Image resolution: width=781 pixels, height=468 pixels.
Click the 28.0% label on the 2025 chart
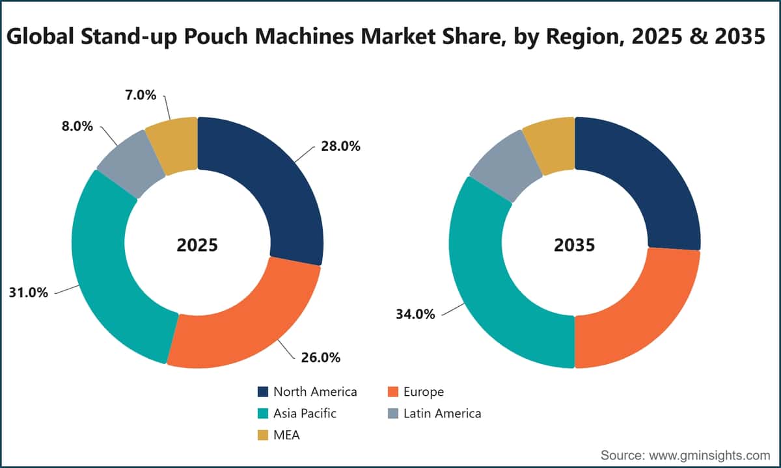(340, 146)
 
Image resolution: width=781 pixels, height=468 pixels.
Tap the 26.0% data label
(320, 357)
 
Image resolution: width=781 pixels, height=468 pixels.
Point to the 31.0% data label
(28, 293)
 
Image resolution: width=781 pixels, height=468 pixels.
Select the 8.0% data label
(77, 126)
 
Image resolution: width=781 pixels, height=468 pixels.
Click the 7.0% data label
(141, 95)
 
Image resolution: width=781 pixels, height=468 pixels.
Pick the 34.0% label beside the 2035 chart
(415, 315)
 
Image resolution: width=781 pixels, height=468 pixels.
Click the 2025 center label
(197, 245)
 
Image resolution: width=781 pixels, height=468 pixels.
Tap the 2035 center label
(575, 245)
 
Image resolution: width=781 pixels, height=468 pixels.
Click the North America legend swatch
(263, 392)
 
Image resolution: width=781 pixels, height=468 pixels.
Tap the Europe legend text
(424, 392)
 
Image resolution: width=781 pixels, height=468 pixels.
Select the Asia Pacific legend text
(305, 413)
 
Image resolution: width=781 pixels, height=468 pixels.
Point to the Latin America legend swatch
(393, 413)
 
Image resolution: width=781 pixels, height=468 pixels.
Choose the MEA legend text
(286, 435)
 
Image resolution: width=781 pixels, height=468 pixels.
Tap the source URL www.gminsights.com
(709, 456)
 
